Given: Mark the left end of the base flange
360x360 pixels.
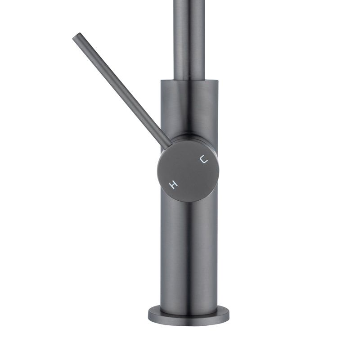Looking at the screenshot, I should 148,312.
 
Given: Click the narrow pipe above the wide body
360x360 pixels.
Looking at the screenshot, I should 189,40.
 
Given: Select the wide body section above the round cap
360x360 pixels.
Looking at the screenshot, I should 189,108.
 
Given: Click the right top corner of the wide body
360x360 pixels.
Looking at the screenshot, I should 217,81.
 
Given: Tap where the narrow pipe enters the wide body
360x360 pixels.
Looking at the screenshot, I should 189,80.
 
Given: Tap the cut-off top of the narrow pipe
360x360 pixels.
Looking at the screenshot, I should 189,1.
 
